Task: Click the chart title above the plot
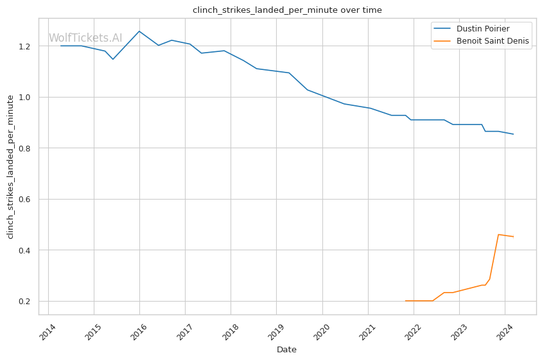pyautogui.click(x=287, y=10)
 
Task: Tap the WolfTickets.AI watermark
pyautogui.click(x=85, y=38)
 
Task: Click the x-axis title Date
pyautogui.click(x=286, y=350)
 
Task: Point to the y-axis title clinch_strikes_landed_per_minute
pyautogui.click(x=10, y=166)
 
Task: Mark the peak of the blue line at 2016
pyautogui.click(x=139, y=31)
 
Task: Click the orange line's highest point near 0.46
pyautogui.click(x=499, y=234)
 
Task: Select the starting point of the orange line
pyautogui.click(x=405, y=301)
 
